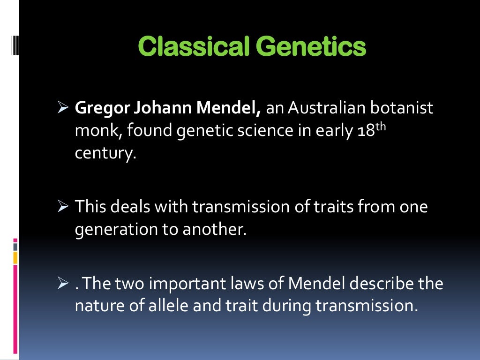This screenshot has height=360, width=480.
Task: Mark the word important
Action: click(x=190, y=284)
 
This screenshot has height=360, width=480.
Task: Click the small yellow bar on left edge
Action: click(x=15, y=257)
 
